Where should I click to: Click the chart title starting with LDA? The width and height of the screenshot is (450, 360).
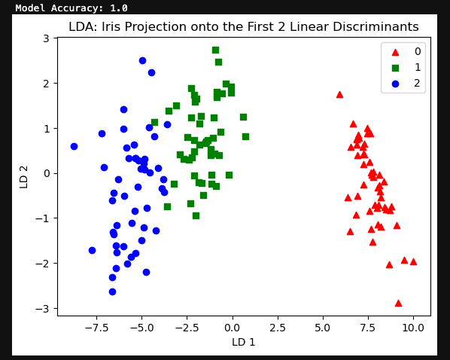tap(243, 27)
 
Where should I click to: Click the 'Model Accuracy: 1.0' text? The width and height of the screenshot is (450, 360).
tap(71, 8)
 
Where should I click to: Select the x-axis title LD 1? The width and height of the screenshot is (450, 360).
tap(243, 342)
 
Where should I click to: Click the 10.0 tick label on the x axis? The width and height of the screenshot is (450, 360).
tap(414, 328)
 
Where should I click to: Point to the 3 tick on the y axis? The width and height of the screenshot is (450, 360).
tap(46, 38)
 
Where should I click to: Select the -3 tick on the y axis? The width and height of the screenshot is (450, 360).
tap(43, 309)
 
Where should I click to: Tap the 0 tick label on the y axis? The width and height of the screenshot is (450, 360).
tap(46, 173)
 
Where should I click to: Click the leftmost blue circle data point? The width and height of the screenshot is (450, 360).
tap(74, 146)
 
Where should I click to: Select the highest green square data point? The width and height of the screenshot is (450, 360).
tap(215, 50)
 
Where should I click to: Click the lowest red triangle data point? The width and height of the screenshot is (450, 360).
tap(398, 303)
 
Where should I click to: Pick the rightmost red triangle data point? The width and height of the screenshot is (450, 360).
tap(413, 261)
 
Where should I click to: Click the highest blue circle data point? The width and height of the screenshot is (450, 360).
tap(142, 60)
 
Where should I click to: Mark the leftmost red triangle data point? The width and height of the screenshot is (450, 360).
tap(339, 94)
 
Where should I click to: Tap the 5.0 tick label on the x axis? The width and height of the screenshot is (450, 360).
tap(323, 328)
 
